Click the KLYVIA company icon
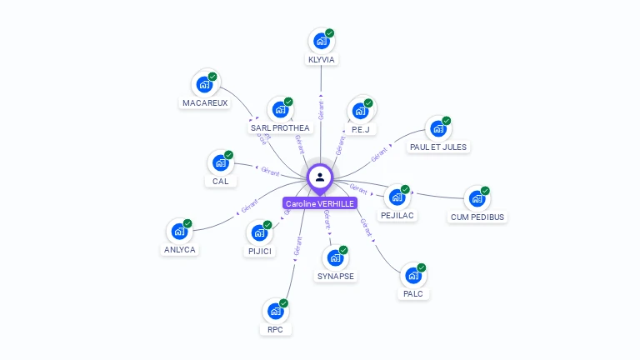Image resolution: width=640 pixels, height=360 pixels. pos(321,41)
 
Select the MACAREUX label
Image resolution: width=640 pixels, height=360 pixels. pos(204,102)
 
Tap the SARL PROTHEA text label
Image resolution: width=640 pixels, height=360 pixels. pos(280,127)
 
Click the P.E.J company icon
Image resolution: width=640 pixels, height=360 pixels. pos(360,110)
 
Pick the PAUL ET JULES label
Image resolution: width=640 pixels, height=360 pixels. pos(438,147)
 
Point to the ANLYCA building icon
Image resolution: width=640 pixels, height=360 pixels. pos(179,232)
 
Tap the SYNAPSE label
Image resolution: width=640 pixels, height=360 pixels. pos(336,276)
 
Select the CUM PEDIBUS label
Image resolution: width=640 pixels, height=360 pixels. pos(477,217)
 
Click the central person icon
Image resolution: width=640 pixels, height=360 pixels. pos(320,177)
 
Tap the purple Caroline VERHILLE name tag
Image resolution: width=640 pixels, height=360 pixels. pos(320,203)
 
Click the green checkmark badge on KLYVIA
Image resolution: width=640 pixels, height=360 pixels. pos(330,33)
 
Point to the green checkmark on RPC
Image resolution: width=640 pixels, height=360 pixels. pos(284,303)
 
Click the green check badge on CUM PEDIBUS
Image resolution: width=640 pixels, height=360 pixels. pos(486,190)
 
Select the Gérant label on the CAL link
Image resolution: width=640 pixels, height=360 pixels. pos(270,171)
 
